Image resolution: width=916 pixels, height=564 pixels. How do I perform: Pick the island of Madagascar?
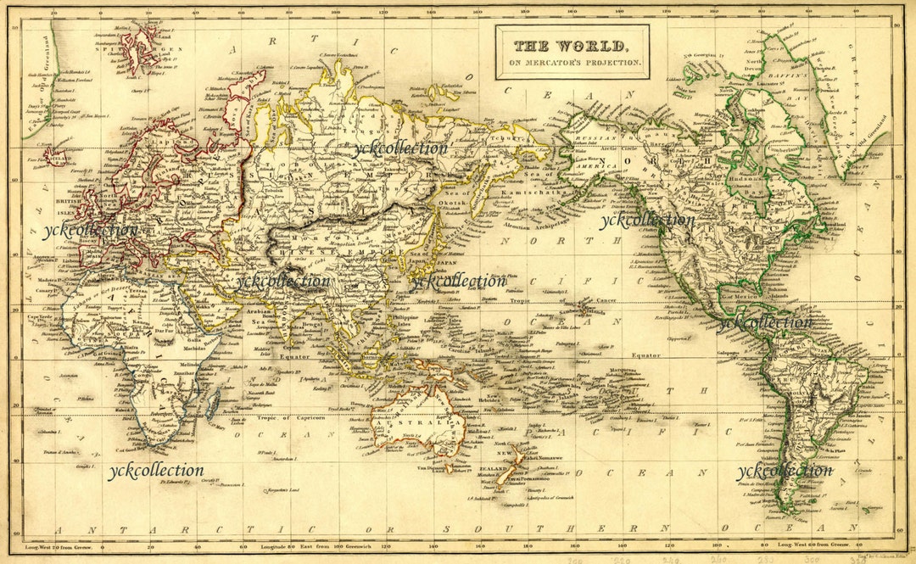[x=213, y=400]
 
